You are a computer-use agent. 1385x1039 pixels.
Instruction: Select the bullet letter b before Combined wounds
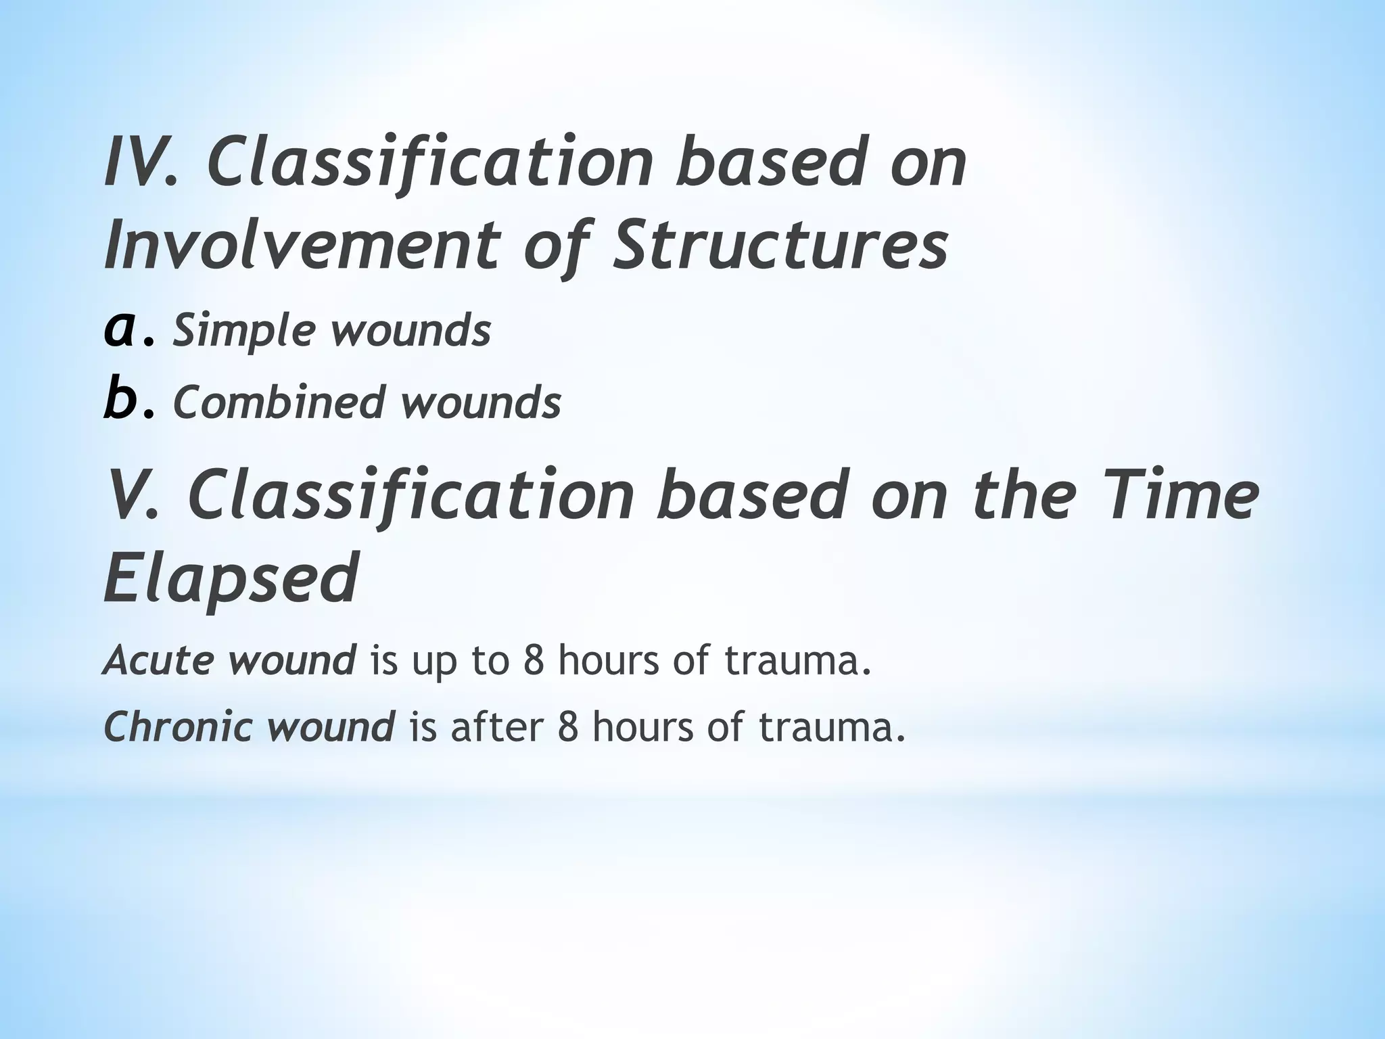pyautogui.click(x=122, y=400)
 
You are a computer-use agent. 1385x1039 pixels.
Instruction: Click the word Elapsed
pyautogui.click(x=230, y=579)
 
